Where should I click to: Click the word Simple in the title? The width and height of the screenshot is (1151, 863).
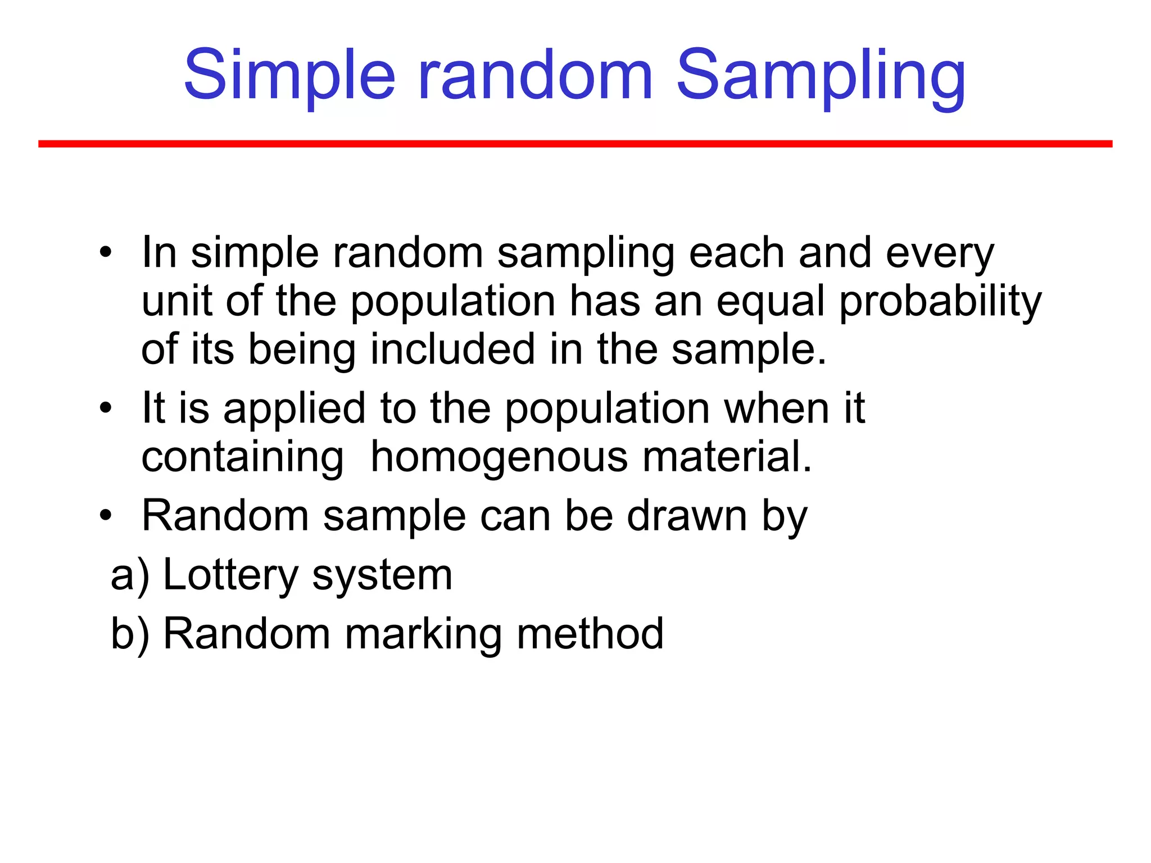point(289,76)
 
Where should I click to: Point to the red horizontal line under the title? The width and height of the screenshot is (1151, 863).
point(575,144)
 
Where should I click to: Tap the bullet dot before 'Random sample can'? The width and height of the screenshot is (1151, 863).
point(106,515)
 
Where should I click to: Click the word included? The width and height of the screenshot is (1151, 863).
point(452,349)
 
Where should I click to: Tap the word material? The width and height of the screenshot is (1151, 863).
point(727,456)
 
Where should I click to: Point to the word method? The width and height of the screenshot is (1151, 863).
point(590,634)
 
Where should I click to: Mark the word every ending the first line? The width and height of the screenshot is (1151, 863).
point(940,255)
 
